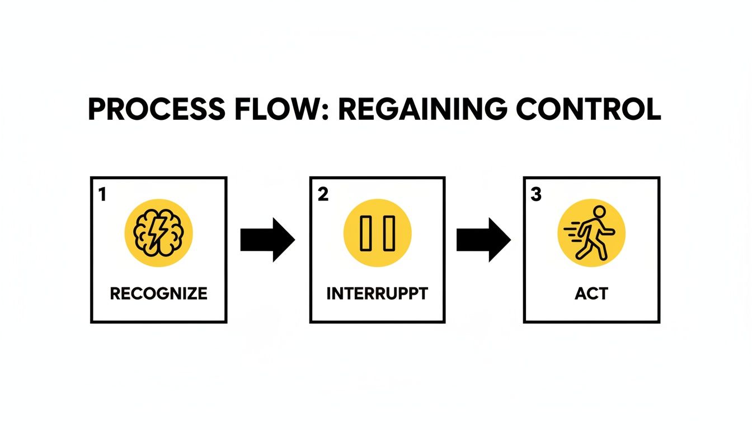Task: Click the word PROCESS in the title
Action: coord(157,109)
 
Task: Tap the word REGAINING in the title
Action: coord(422,109)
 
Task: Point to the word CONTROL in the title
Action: coord(589,109)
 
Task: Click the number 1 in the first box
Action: coord(102,194)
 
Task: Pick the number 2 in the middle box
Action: coord(323,194)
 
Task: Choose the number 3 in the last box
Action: coord(536,194)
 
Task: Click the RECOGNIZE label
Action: coord(159,293)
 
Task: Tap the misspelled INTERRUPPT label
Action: coord(377,293)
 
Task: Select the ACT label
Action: coord(591,293)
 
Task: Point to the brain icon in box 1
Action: coord(158,233)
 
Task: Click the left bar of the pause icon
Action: coord(365,233)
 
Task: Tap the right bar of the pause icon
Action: coord(389,233)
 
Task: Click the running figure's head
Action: coord(599,212)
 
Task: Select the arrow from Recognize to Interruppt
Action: coord(267,240)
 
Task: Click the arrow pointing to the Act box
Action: coord(483,240)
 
